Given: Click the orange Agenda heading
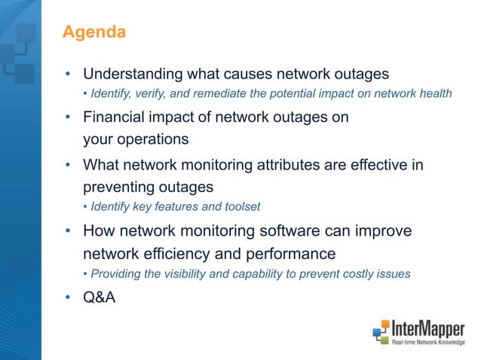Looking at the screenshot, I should pos(93,32).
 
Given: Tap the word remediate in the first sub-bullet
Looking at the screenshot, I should pos(219,94).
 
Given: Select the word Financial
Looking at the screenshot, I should pos(115,118).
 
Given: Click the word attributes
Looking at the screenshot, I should pos(293,164).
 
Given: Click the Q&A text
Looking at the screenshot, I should pos(99,298).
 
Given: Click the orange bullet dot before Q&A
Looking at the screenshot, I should pos(67,298).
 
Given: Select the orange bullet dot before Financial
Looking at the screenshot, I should pos(67,118).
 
